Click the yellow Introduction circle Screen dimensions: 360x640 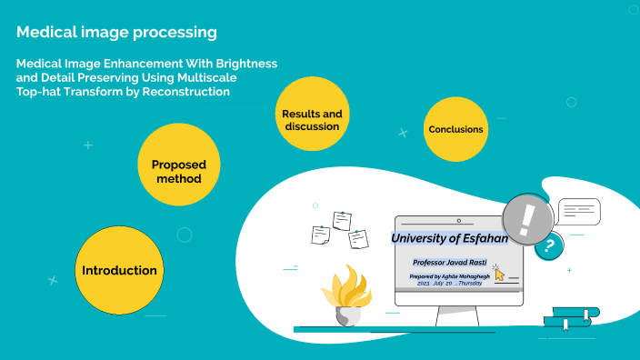pyautogui.click(x=119, y=270)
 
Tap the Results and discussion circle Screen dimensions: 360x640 pyautogui.click(x=312, y=119)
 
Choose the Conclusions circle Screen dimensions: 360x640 pyautogui.click(x=455, y=129)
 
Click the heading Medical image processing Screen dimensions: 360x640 pyautogui.click(x=116, y=33)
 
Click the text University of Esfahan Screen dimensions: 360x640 pyautogui.click(x=449, y=238)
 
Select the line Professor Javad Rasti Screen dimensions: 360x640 pyautogui.click(x=449, y=262)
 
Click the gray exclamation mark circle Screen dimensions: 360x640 pyautogui.click(x=528, y=219)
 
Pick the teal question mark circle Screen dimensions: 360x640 pyautogui.click(x=547, y=245)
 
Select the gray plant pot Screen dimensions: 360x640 pyautogui.click(x=347, y=315)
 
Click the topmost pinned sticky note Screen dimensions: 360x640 pyautogui.click(x=342, y=219)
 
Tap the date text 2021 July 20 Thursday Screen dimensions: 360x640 pyautogui.click(x=450, y=284)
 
